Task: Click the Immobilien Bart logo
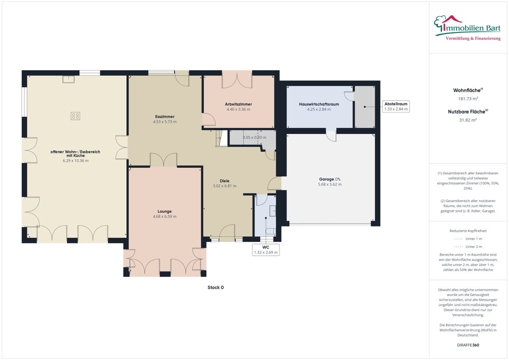coord(467,25)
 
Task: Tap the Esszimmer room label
coord(165,117)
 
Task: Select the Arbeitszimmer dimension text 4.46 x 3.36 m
coord(239,109)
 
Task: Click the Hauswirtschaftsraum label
coord(319,104)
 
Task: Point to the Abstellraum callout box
coord(395,106)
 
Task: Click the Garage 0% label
coord(329,179)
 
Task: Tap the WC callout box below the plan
coord(266,249)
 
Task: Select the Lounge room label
coord(164,211)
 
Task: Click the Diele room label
coord(224,180)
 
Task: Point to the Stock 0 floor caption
coord(215,287)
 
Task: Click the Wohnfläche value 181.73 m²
coord(468,98)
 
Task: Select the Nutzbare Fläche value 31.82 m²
coord(468,120)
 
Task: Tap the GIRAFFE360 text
coord(468,345)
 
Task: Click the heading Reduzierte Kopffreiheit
coord(468,230)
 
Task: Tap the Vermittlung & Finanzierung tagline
coord(473,39)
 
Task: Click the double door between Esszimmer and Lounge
coord(163,160)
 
